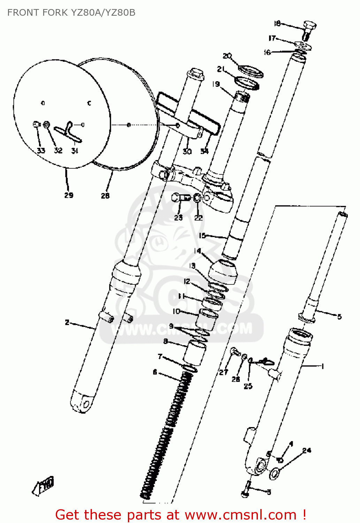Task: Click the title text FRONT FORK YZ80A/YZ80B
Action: (71, 13)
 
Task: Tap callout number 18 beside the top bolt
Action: (277, 23)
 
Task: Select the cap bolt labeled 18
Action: (309, 27)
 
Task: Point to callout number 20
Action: (227, 56)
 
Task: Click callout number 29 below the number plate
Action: (69, 195)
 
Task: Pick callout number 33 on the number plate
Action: (41, 151)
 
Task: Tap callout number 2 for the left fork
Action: (67, 323)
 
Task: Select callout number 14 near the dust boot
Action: (198, 251)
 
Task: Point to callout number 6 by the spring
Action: (155, 372)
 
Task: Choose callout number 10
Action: (177, 311)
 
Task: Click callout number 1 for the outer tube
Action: (322, 366)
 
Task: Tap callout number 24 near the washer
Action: (307, 450)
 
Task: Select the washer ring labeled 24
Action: (274, 473)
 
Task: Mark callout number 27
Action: (223, 372)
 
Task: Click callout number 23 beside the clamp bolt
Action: (178, 218)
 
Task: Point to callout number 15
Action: (202, 235)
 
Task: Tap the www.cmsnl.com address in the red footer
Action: (240, 515)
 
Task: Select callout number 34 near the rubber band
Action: (204, 151)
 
